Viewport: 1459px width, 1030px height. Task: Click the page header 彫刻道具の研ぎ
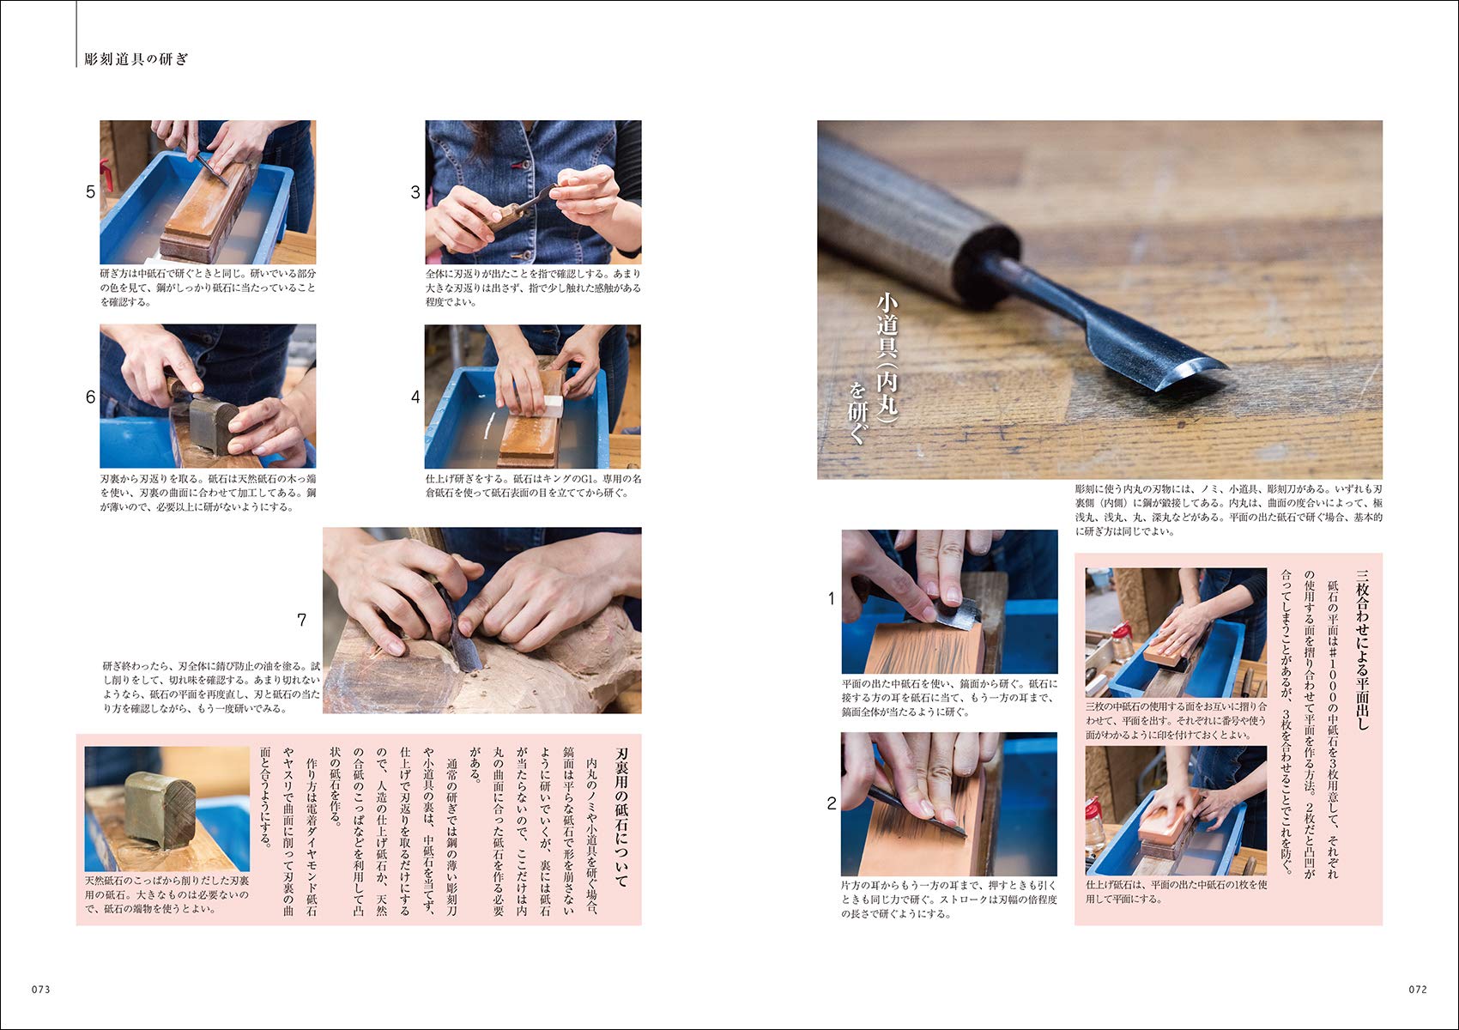(x=136, y=58)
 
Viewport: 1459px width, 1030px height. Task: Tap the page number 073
(x=41, y=989)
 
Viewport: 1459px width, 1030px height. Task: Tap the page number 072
(x=1417, y=989)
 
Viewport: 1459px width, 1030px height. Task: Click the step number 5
(x=90, y=192)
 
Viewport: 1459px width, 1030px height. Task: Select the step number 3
(x=415, y=192)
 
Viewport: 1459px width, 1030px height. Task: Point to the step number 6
(x=90, y=397)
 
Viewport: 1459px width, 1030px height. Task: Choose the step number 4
(x=415, y=397)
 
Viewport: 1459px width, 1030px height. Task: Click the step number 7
(x=301, y=620)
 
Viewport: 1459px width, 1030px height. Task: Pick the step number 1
(x=831, y=598)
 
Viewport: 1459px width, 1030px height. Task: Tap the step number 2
(x=832, y=803)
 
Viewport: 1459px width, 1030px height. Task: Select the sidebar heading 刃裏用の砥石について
(x=621, y=817)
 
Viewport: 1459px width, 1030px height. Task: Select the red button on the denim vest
(x=523, y=165)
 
